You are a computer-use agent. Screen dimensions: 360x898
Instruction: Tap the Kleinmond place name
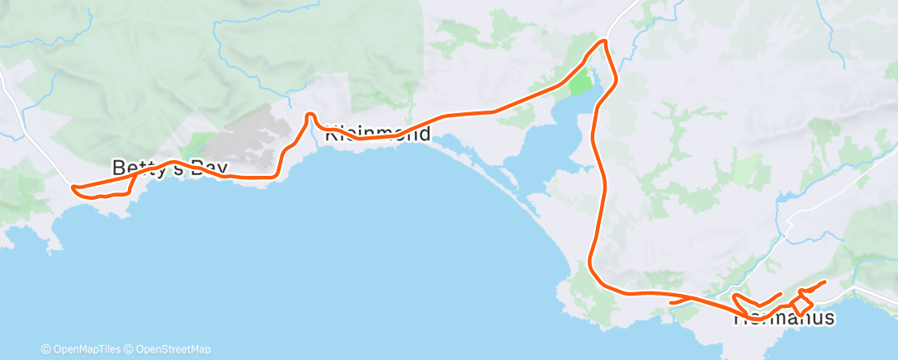(x=378, y=133)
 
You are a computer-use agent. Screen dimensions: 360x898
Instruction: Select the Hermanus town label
(x=783, y=318)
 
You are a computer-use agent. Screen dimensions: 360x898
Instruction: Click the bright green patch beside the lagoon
(x=581, y=83)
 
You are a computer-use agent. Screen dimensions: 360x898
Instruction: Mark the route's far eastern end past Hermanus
(x=825, y=283)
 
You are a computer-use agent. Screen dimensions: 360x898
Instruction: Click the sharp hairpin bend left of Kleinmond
(x=310, y=116)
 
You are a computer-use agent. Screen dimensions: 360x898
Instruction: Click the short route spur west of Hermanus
(x=675, y=301)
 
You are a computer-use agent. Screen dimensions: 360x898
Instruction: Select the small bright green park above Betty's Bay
(x=201, y=142)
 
